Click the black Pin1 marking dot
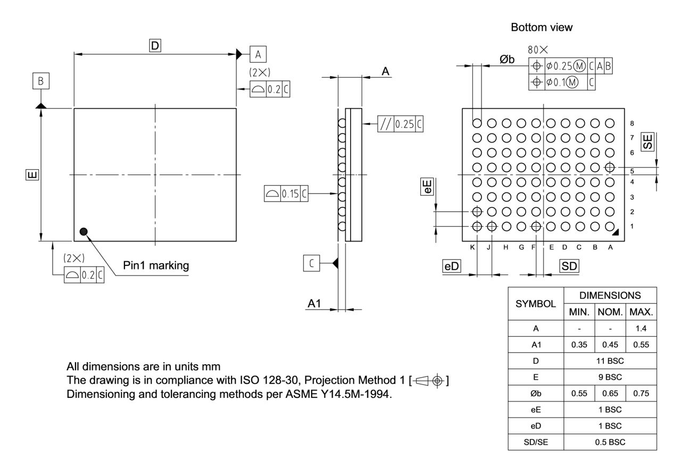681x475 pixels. (x=83, y=231)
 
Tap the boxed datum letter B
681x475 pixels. (x=40, y=82)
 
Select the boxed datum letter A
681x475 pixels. (x=258, y=54)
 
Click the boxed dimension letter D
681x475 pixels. (x=155, y=46)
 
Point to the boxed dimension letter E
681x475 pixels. (x=32, y=174)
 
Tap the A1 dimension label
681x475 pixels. (x=314, y=303)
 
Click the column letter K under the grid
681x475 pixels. (x=472, y=247)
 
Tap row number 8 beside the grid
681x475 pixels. (x=632, y=123)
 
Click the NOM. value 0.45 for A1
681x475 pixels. (x=610, y=345)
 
